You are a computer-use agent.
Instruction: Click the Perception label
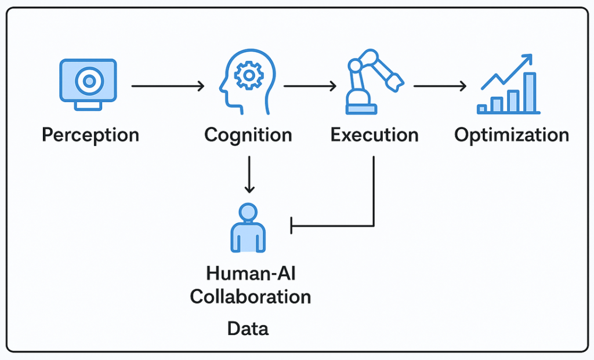click(x=90, y=135)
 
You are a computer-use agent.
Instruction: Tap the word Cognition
click(x=248, y=135)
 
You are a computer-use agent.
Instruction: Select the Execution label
click(x=374, y=134)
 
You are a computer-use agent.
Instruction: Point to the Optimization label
click(x=512, y=135)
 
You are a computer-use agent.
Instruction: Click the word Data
click(x=248, y=329)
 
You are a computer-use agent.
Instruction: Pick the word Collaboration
click(x=251, y=297)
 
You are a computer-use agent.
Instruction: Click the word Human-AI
click(x=251, y=273)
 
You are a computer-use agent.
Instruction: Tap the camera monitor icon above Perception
click(x=88, y=85)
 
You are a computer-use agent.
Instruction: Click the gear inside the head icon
click(x=249, y=76)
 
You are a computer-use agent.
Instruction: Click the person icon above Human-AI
click(x=248, y=228)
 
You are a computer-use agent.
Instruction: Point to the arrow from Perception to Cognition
click(x=168, y=86)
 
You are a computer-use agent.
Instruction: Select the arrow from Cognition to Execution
click(x=310, y=86)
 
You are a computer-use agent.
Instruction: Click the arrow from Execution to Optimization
click(x=440, y=86)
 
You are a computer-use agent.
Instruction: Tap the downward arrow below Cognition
click(x=249, y=174)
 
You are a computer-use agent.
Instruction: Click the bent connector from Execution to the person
click(x=374, y=226)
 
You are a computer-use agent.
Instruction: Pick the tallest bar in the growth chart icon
click(x=530, y=93)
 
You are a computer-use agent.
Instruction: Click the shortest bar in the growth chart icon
click(x=482, y=109)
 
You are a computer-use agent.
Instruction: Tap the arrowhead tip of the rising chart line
click(x=531, y=55)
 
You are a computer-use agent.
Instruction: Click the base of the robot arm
click(x=361, y=109)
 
